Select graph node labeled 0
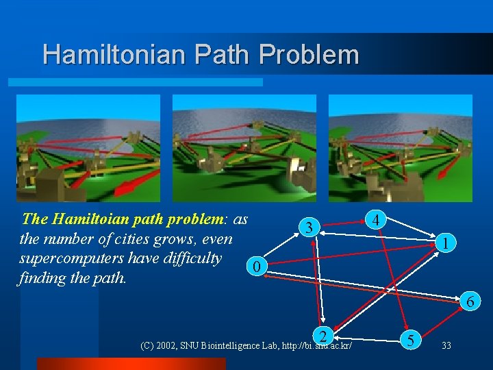(255, 267)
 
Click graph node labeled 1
(446, 243)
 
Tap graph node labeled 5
(410, 338)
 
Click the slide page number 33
(446, 345)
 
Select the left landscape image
(88, 148)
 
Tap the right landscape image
(401, 148)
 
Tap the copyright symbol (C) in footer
(147, 345)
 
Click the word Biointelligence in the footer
(231, 345)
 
